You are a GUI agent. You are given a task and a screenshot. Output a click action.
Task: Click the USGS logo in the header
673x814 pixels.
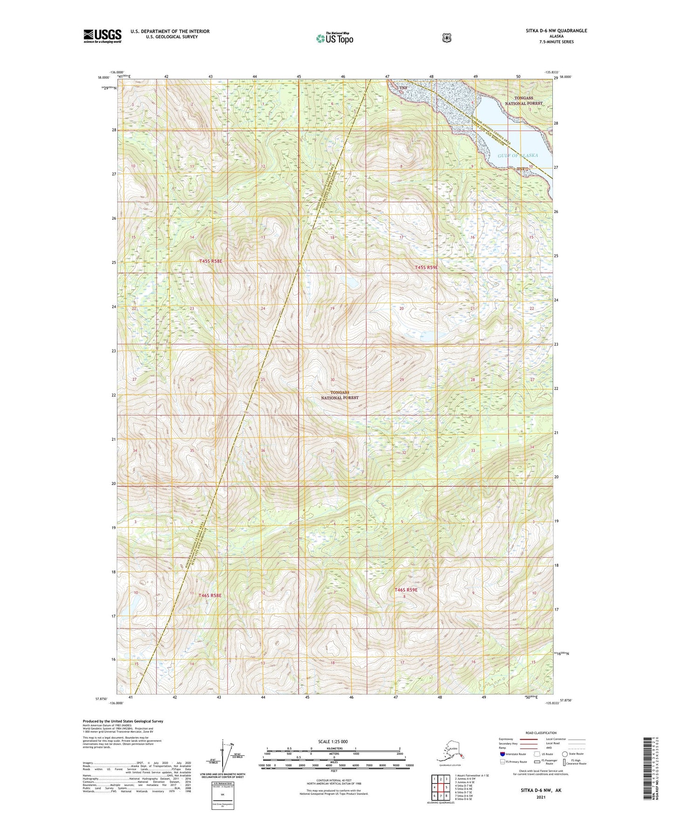pyautogui.click(x=102, y=36)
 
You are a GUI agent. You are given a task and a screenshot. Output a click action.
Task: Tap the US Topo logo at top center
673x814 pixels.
pyautogui.click(x=334, y=38)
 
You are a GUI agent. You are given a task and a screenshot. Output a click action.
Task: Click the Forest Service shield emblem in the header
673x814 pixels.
pyautogui.click(x=446, y=38)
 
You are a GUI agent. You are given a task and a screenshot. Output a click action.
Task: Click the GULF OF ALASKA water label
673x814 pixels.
pyautogui.click(x=517, y=156)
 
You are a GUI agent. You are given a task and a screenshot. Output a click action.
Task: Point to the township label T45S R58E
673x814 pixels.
pyautogui.click(x=211, y=262)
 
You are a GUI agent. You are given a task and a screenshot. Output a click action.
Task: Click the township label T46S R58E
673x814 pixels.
pyautogui.click(x=210, y=595)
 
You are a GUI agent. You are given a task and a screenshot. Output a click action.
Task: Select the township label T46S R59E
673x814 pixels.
pyautogui.click(x=406, y=590)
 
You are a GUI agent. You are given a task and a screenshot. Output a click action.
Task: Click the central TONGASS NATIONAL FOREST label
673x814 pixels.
pyautogui.click(x=340, y=395)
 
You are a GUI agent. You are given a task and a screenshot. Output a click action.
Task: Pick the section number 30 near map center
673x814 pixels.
pyautogui.click(x=333, y=380)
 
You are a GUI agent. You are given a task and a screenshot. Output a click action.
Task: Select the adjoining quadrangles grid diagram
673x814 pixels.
pyautogui.click(x=440, y=786)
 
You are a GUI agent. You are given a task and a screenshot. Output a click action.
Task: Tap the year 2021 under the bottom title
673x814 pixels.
pyautogui.click(x=541, y=797)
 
